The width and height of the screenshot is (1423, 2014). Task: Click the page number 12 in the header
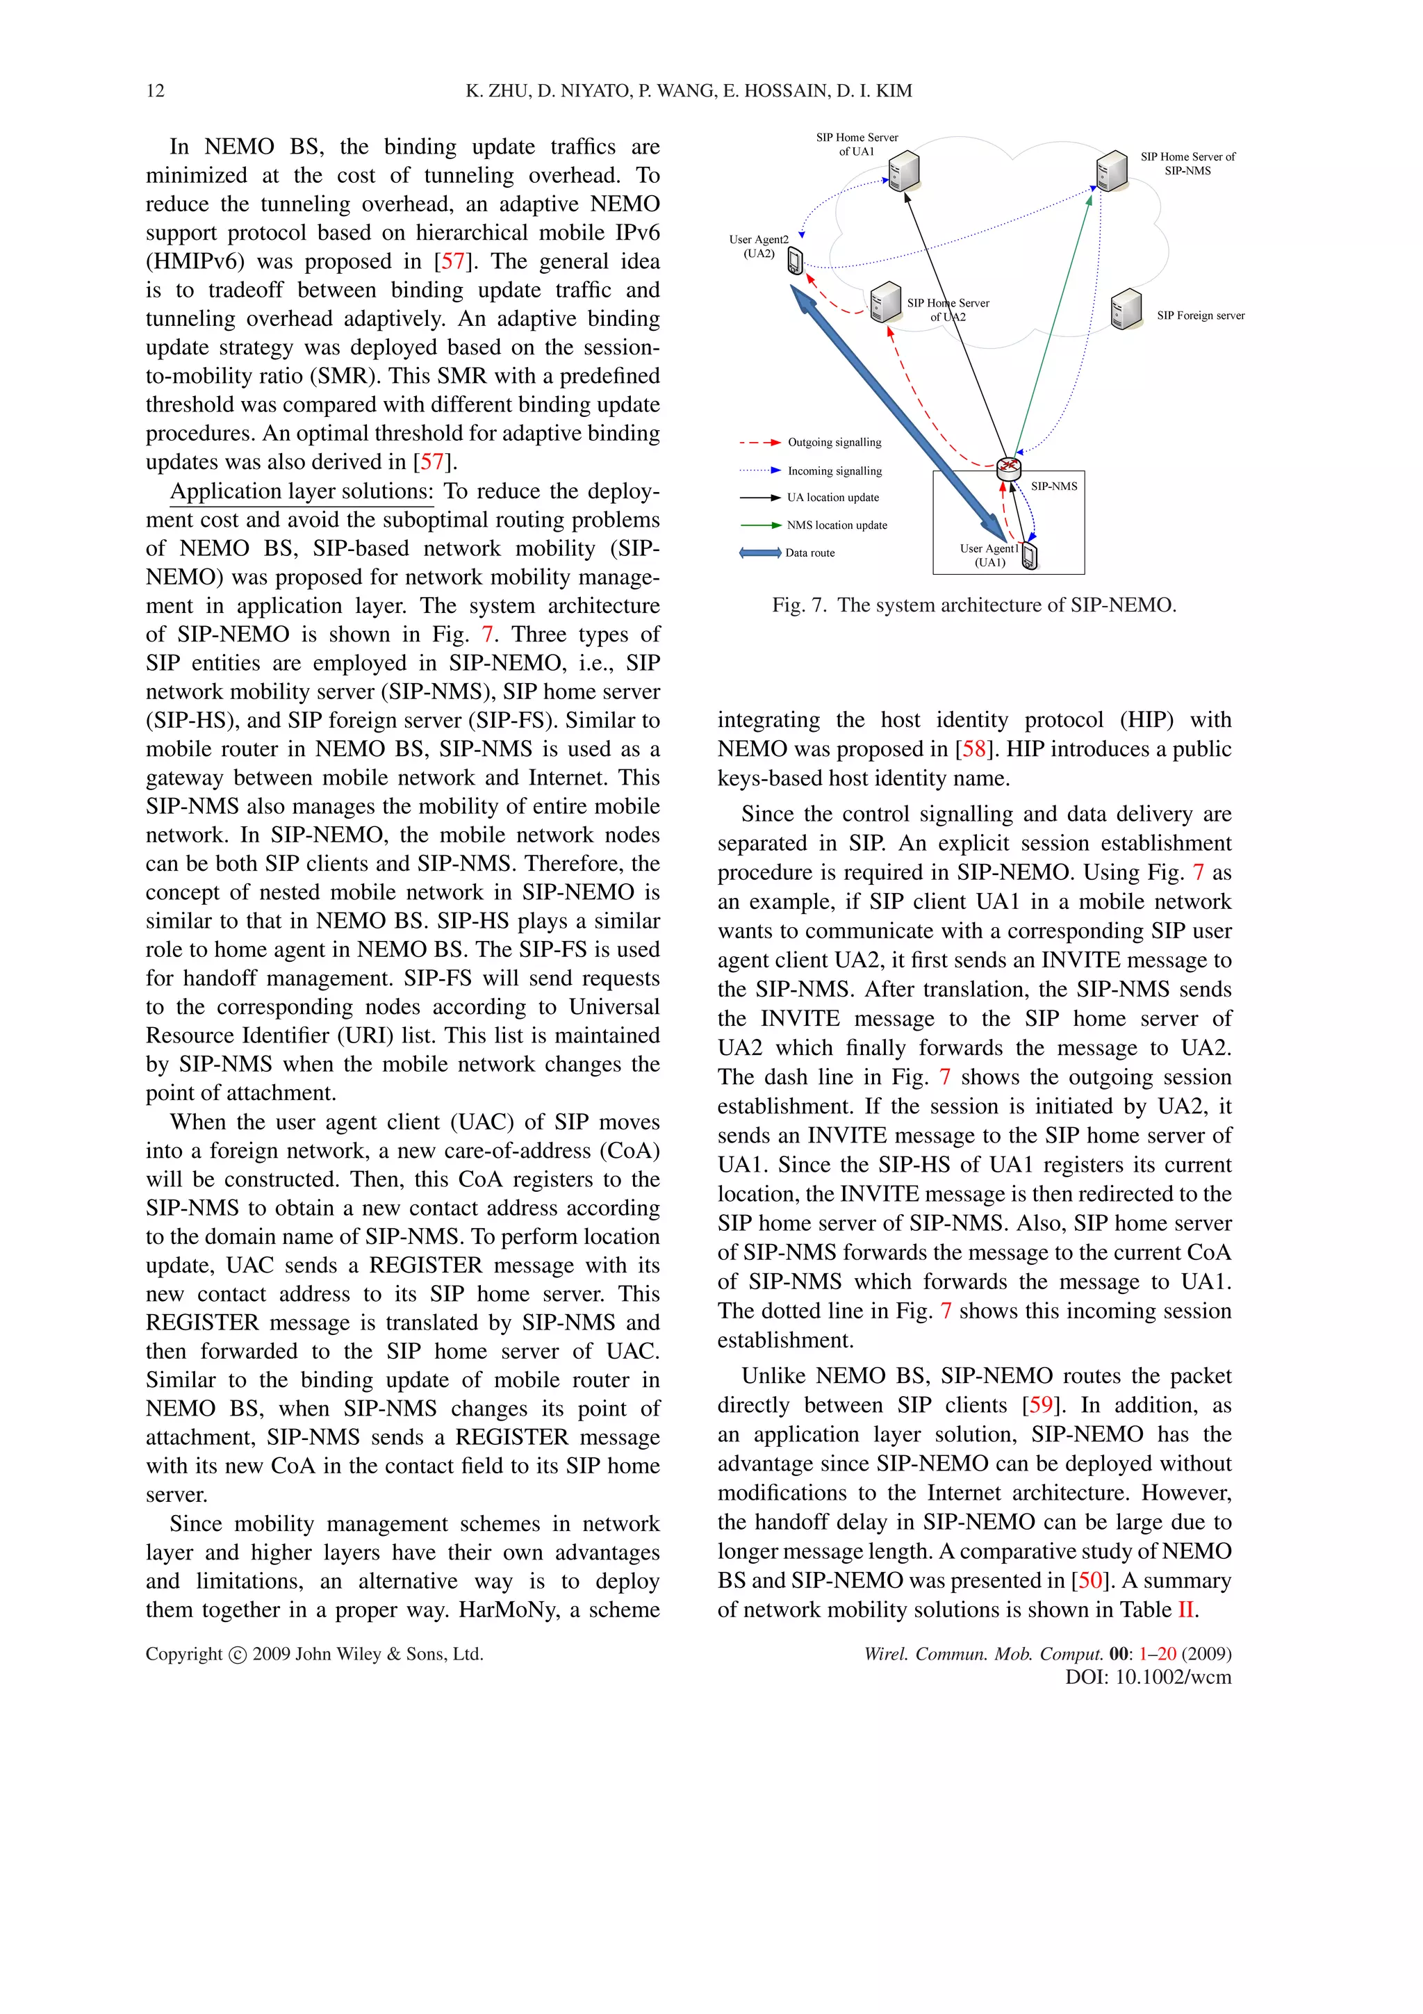(155, 91)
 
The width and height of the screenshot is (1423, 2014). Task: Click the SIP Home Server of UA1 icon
(903, 171)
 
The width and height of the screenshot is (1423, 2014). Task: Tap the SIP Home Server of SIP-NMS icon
(1112, 170)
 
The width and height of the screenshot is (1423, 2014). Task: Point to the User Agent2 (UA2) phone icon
(796, 261)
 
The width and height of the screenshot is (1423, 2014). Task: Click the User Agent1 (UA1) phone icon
(1030, 556)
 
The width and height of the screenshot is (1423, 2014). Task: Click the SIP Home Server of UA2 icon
(887, 302)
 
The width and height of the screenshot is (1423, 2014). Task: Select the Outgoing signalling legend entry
(811, 443)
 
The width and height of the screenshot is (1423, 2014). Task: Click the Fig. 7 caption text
(973, 605)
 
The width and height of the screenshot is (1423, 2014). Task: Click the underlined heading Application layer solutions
(302, 491)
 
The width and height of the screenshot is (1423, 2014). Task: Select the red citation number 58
(973, 749)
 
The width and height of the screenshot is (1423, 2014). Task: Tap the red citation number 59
(1040, 1405)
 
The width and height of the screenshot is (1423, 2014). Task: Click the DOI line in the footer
(1147, 1677)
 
